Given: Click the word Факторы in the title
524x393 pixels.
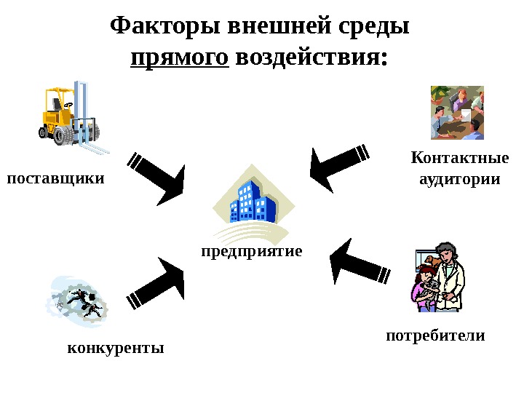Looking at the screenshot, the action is tap(166, 27).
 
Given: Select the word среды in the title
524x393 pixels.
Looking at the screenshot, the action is tap(374, 27).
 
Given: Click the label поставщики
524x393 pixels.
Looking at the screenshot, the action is tap(55, 178).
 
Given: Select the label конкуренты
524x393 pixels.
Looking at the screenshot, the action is tap(116, 347).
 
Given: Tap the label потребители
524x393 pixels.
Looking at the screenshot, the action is tap(434, 336).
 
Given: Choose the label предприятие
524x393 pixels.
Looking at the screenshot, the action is tap(252, 251).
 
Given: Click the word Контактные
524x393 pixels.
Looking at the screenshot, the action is tap(460, 158).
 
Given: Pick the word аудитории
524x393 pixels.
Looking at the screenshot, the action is tap(460, 178).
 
